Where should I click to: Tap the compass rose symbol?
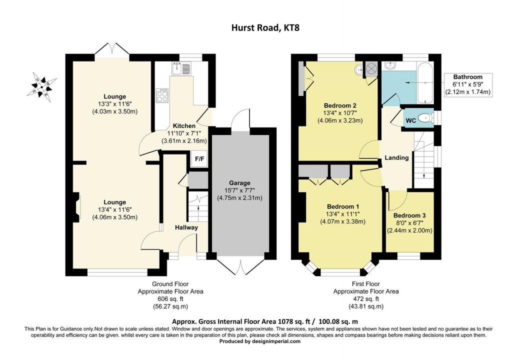41,86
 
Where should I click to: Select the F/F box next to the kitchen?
198,158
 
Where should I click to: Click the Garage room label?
239,183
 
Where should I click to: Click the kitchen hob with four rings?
163,95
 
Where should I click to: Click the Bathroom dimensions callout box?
468,84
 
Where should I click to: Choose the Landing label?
396,158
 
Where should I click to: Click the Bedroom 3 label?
409,215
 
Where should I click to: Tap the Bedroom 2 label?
340,105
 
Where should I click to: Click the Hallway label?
186,227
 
